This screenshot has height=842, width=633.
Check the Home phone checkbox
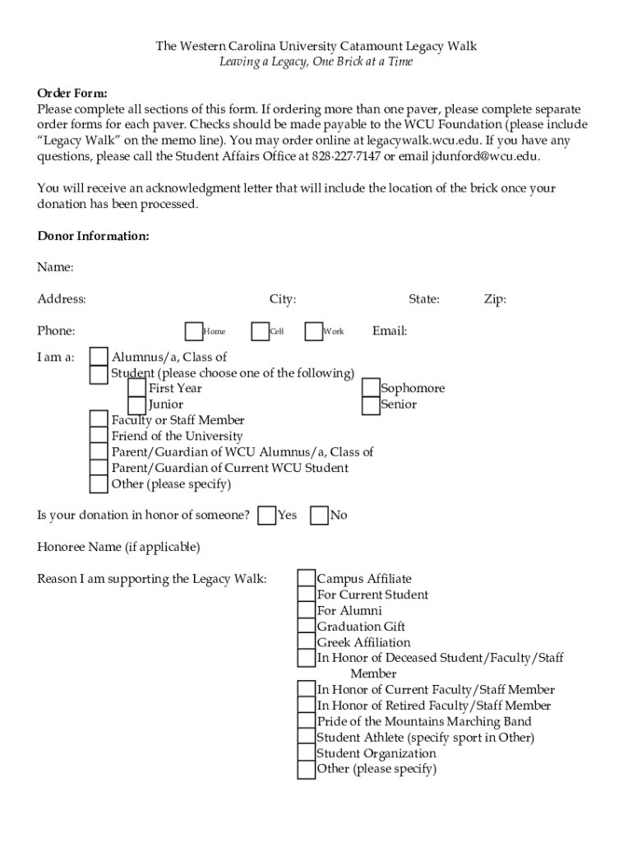pyautogui.click(x=194, y=331)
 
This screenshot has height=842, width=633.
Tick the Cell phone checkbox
pyautogui.click(x=260, y=331)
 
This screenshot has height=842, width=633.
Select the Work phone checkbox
pyautogui.click(x=313, y=331)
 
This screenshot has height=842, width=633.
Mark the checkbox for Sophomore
pyautogui.click(x=370, y=388)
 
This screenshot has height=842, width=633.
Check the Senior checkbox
pyautogui.click(x=370, y=404)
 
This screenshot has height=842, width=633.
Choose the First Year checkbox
pyautogui.click(x=138, y=388)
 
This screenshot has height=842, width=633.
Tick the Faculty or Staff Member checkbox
pyautogui.click(x=99, y=420)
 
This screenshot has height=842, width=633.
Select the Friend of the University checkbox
pyautogui.click(x=99, y=436)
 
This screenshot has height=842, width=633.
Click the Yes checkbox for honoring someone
pyautogui.click(x=266, y=516)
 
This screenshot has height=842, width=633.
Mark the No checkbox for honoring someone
pyautogui.click(x=319, y=516)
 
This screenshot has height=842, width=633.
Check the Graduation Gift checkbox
pyautogui.click(x=307, y=627)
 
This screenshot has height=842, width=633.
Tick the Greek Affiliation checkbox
pyautogui.click(x=307, y=642)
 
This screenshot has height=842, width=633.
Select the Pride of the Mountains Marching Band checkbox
pyautogui.click(x=307, y=722)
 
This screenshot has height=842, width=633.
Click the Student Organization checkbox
pyautogui.click(x=307, y=753)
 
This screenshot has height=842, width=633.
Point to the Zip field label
pyautogui.click(x=495, y=299)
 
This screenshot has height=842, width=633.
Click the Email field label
pyautogui.click(x=390, y=331)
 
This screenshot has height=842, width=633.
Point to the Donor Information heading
pyautogui.click(x=93, y=236)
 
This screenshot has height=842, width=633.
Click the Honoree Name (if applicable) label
pyautogui.click(x=118, y=547)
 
